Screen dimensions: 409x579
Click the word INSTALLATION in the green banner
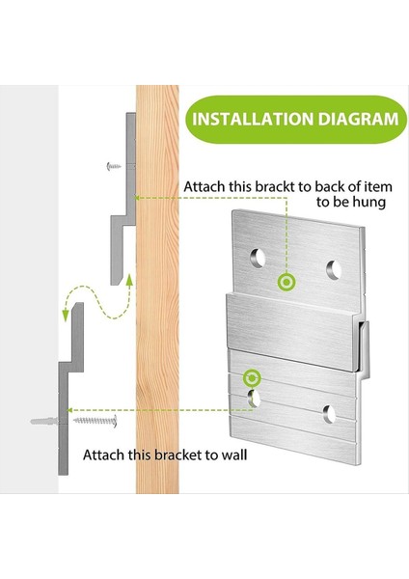253,119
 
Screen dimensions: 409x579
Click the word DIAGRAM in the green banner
358,119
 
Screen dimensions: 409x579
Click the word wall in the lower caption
234,455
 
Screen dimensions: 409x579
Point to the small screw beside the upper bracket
114,167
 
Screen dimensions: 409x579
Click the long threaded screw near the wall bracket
95,421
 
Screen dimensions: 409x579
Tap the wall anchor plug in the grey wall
44,421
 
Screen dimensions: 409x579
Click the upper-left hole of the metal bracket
258,258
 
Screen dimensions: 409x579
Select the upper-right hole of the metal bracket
334,270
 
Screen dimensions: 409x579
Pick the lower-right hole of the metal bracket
329,414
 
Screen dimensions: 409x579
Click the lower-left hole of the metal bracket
254,399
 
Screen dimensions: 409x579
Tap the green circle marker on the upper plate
286,283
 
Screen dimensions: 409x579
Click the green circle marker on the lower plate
252,377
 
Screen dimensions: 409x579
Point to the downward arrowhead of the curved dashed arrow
66,317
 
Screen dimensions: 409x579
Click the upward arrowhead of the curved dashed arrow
129,280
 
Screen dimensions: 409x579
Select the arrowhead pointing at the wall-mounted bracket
71,410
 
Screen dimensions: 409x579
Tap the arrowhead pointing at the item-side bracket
137,198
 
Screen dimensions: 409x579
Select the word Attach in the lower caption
104,455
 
